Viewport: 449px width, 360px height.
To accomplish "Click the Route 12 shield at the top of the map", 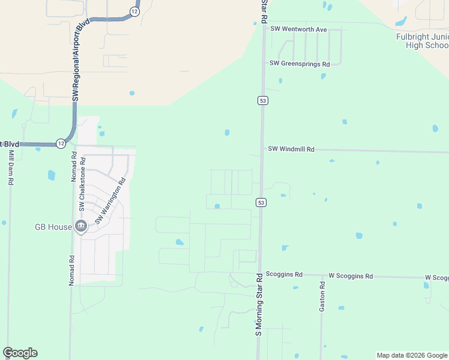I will click(x=134, y=11).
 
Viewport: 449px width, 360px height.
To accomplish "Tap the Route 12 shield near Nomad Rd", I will click(x=61, y=143).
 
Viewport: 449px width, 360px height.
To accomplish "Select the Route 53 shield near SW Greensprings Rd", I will click(x=263, y=100).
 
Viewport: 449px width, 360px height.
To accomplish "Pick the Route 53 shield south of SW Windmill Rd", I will click(x=261, y=202).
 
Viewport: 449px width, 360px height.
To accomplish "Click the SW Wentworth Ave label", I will click(x=298, y=29).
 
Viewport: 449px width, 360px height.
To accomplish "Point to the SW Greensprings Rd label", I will click(x=300, y=64).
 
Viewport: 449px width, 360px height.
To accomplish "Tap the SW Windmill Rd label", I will click(x=291, y=148).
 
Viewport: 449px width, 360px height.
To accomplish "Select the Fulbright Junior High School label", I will click(x=423, y=41).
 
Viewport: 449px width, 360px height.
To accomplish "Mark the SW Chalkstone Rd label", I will click(x=83, y=184).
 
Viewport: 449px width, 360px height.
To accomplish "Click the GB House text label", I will click(x=53, y=227).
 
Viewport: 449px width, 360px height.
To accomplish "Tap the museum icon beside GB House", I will click(x=81, y=226).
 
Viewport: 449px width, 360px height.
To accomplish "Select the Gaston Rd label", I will click(x=322, y=295).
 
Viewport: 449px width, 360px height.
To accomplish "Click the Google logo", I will click(x=20, y=353).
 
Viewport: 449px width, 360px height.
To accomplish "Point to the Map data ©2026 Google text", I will click(x=411, y=355).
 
